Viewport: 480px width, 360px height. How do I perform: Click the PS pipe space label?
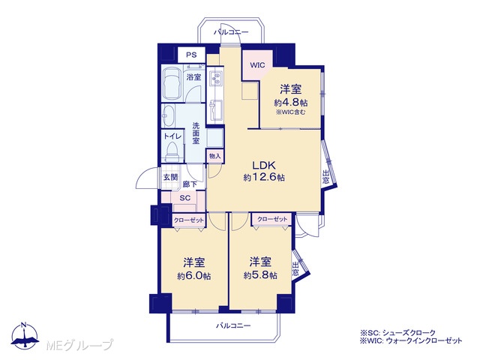(x=192, y=55)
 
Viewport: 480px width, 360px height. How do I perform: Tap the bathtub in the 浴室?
(x=172, y=83)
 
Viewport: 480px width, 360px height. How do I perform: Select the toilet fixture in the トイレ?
(x=172, y=152)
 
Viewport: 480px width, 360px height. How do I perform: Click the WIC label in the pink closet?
(x=257, y=65)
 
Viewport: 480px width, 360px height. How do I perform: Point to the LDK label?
(x=264, y=165)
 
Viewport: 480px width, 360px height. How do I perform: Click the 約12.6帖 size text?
(x=264, y=177)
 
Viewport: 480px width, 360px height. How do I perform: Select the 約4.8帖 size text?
(x=291, y=102)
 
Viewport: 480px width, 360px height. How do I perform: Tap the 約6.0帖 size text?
(x=194, y=276)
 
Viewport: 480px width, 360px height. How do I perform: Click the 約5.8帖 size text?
(x=260, y=275)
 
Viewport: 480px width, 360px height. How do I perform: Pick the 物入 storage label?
(x=215, y=156)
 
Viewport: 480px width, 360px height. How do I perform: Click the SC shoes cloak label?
(x=185, y=198)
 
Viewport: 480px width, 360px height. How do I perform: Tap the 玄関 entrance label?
(x=170, y=177)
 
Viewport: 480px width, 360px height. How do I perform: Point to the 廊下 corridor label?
(x=190, y=184)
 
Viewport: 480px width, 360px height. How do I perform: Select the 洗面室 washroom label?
(x=196, y=133)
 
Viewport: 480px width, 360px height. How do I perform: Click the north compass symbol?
(x=25, y=336)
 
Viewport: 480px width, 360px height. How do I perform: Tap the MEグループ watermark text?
(x=80, y=345)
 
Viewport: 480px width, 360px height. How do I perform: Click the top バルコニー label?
(x=232, y=31)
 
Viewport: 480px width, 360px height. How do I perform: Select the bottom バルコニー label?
(x=233, y=325)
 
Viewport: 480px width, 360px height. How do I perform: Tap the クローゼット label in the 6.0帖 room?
(x=188, y=220)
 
